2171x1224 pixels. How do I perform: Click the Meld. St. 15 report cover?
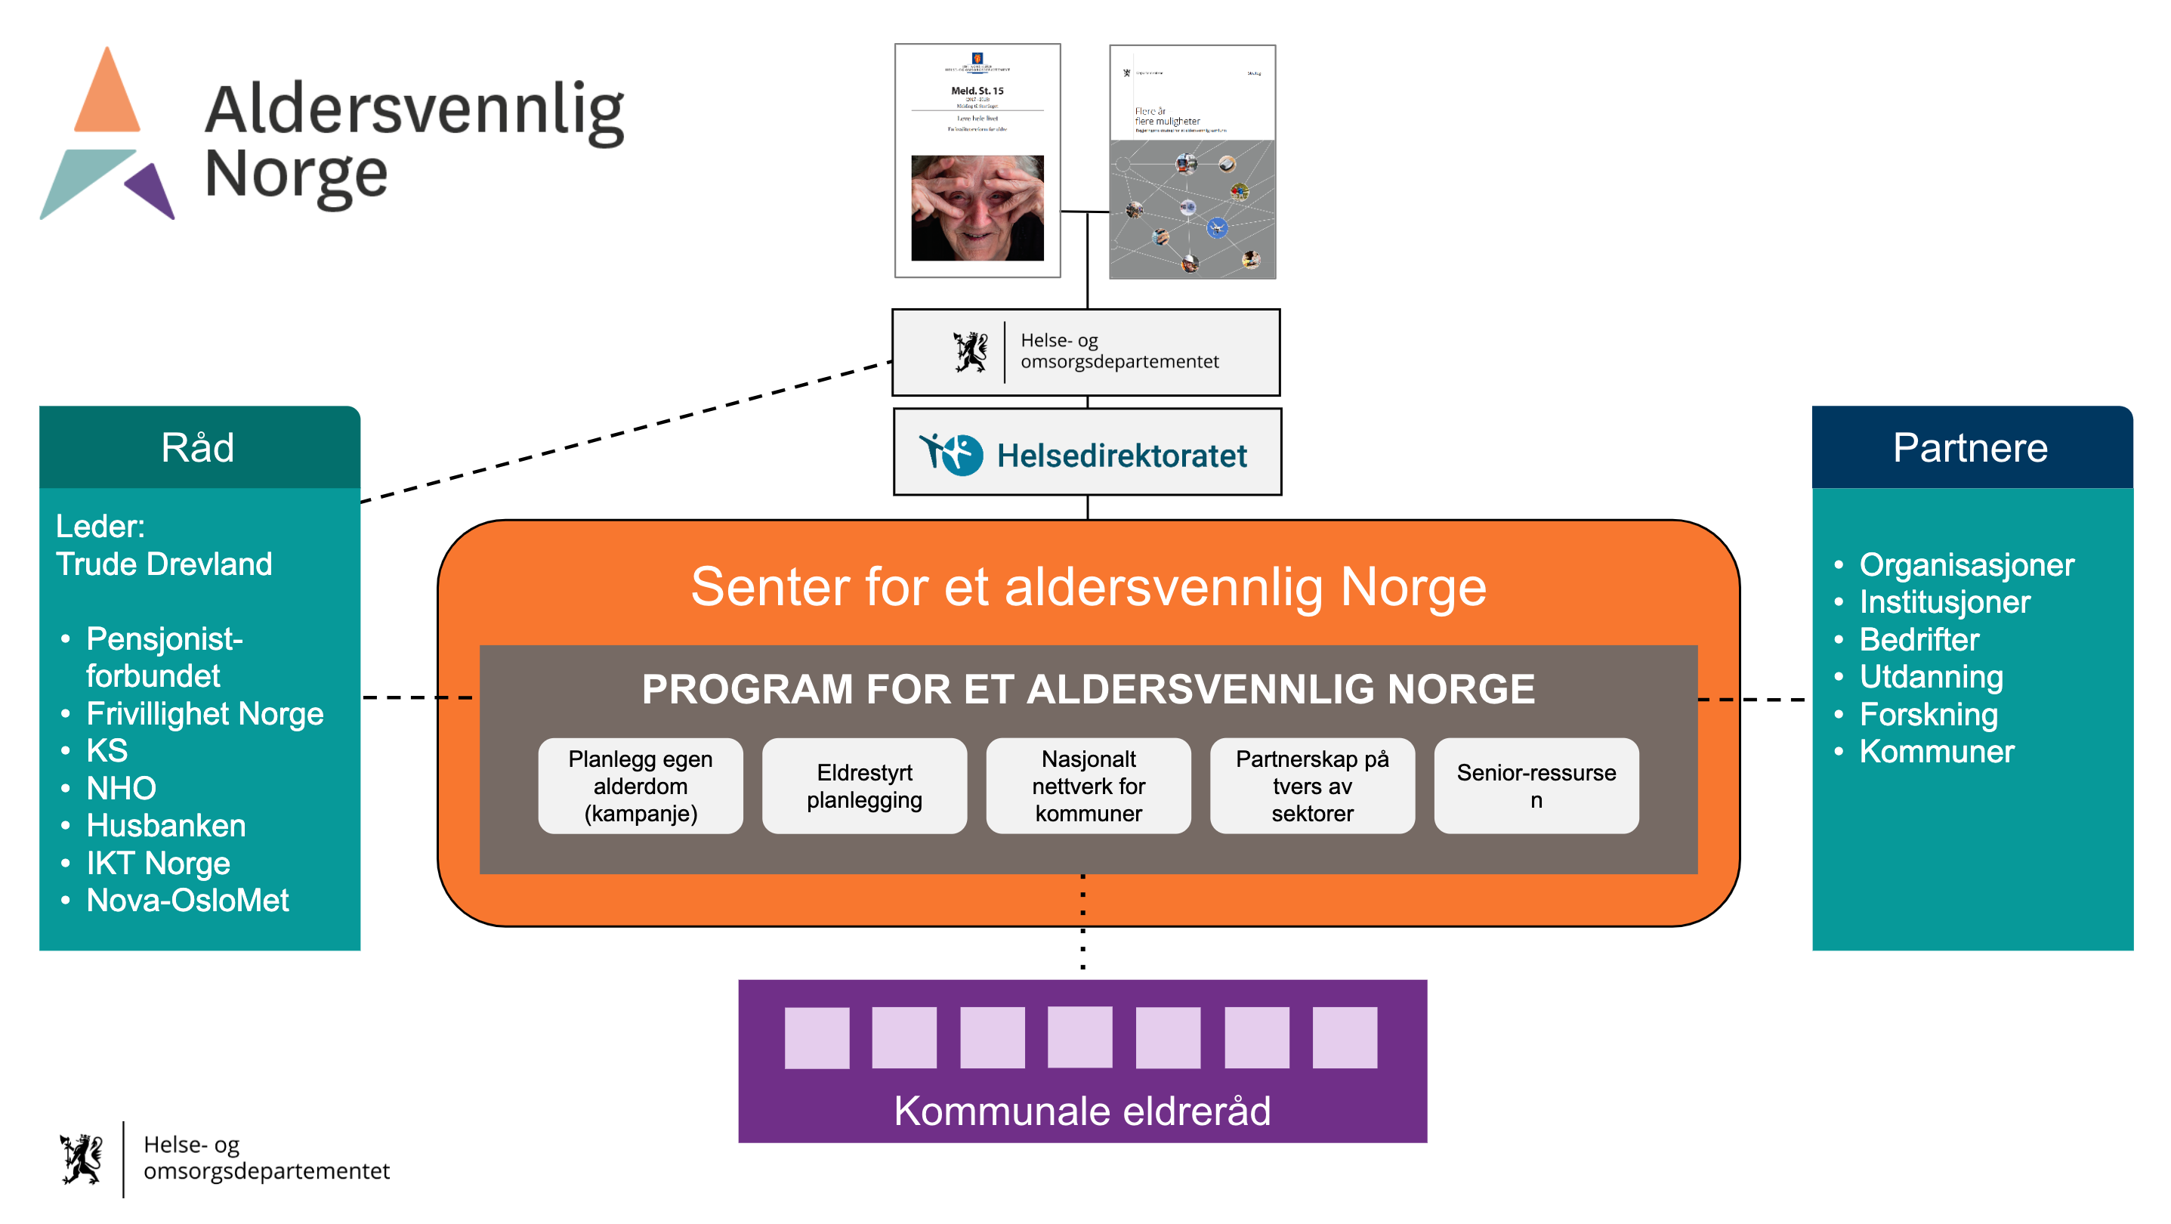click(x=977, y=160)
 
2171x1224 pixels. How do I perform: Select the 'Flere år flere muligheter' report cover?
click(x=1192, y=162)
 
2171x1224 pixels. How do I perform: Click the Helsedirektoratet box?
click(x=1086, y=453)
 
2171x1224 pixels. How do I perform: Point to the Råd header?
click(x=199, y=447)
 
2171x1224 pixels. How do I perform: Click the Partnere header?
click(x=1970, y=447)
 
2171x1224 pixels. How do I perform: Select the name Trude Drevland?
click(x=165, y=564)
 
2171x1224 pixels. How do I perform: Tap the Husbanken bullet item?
click(x=166, y=825)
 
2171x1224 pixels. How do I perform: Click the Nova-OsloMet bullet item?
click(x=187, y=901)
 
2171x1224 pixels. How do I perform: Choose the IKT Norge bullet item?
click(x=158, y=863)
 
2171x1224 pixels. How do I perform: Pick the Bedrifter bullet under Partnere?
click(x=1919, y=639)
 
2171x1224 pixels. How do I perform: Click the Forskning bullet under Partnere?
click(x=1929, y=714)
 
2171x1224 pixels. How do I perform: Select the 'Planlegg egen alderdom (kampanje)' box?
click(x=641, y=786)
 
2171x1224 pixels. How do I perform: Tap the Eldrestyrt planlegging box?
click(x=864, y=786)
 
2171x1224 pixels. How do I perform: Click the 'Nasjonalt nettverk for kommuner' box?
click(x=1088, y=786)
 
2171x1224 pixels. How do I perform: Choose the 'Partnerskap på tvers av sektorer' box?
click(x=1312, y=786)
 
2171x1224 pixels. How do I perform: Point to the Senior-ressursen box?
click(x=1536, y=786)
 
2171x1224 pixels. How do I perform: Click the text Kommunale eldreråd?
click(x=1082, y=1110)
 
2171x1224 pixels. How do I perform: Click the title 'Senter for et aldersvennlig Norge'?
click(x=1088, y=587)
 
